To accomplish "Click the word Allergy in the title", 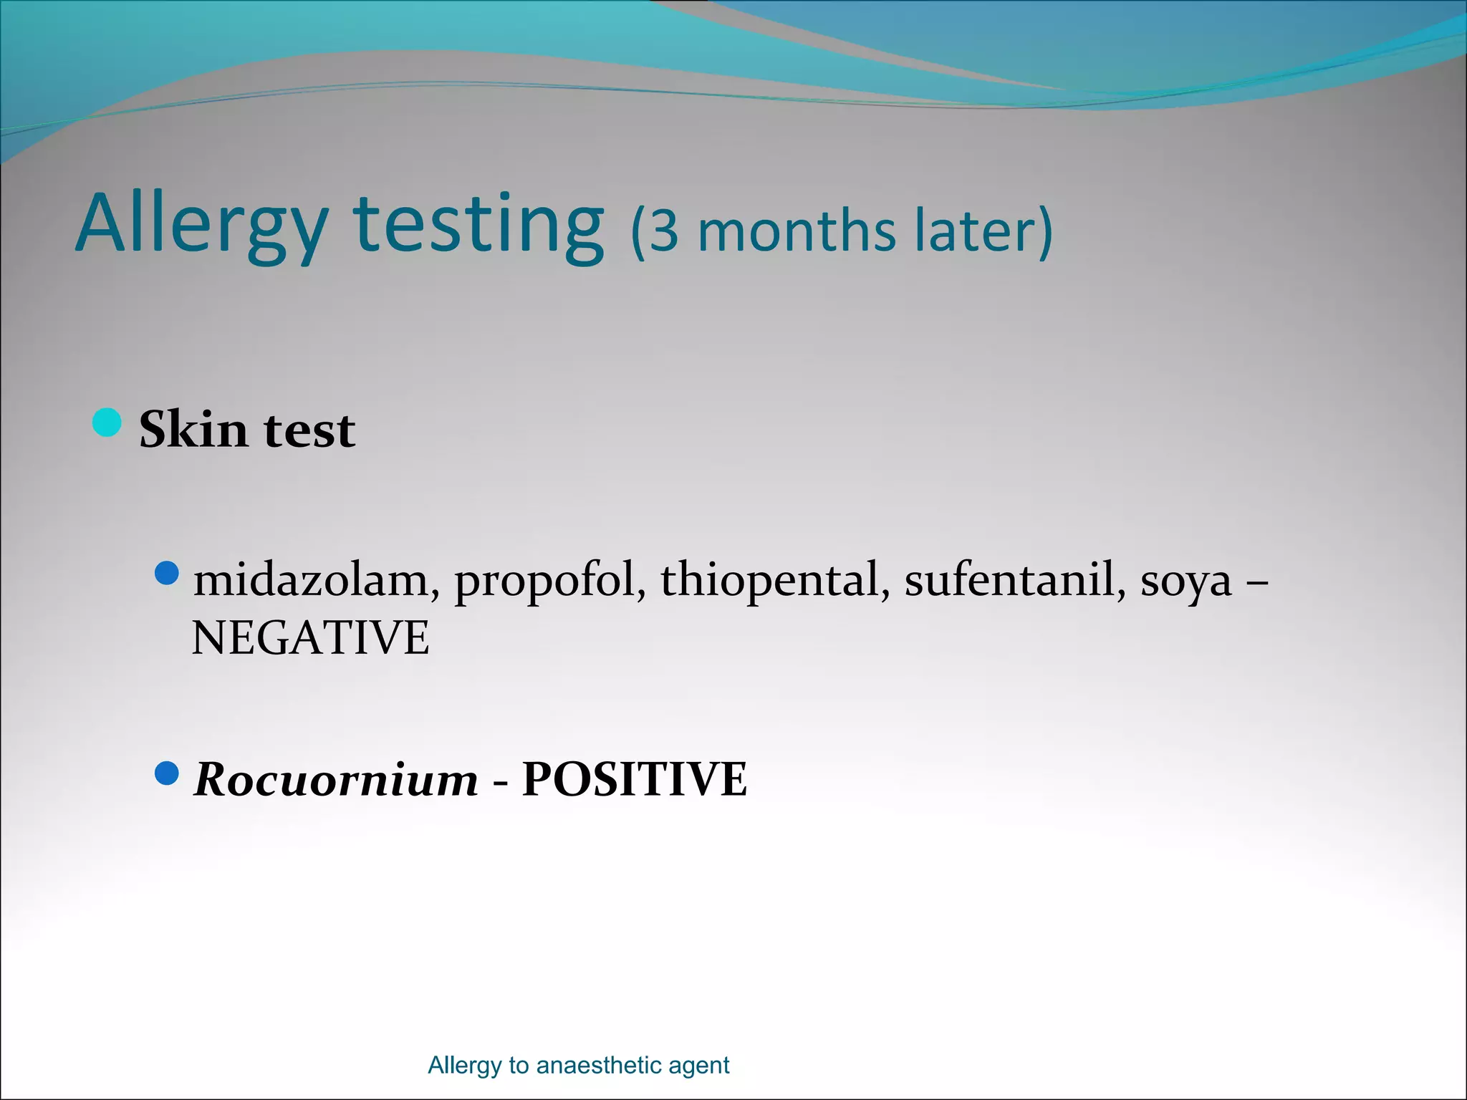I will click(x=201, y=226).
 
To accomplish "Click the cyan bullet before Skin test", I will click(x=107, y=422).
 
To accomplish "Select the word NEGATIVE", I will click(x=310, y=638).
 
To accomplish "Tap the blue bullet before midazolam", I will click(x=166, y=573).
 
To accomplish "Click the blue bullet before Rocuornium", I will click(x=166, y=773).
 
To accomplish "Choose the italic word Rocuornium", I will click(x=336, y=779).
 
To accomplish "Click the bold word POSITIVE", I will click(x=635, y=779).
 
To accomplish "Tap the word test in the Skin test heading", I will click(x=309, y=430).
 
